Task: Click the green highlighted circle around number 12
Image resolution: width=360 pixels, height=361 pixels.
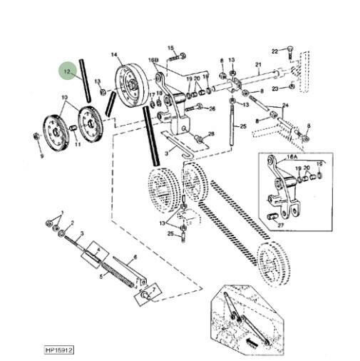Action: click(x=67, y=71)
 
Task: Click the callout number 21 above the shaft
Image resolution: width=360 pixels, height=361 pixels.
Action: click(x=259, y=65)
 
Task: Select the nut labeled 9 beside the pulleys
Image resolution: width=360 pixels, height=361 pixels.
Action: click(x=38, y=136)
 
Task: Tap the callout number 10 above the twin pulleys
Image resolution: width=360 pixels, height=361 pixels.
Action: click(x=65, y=97)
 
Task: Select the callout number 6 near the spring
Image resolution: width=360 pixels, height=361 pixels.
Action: click(x=135, y=258)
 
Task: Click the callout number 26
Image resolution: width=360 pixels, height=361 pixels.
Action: click(x=212, y=108)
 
